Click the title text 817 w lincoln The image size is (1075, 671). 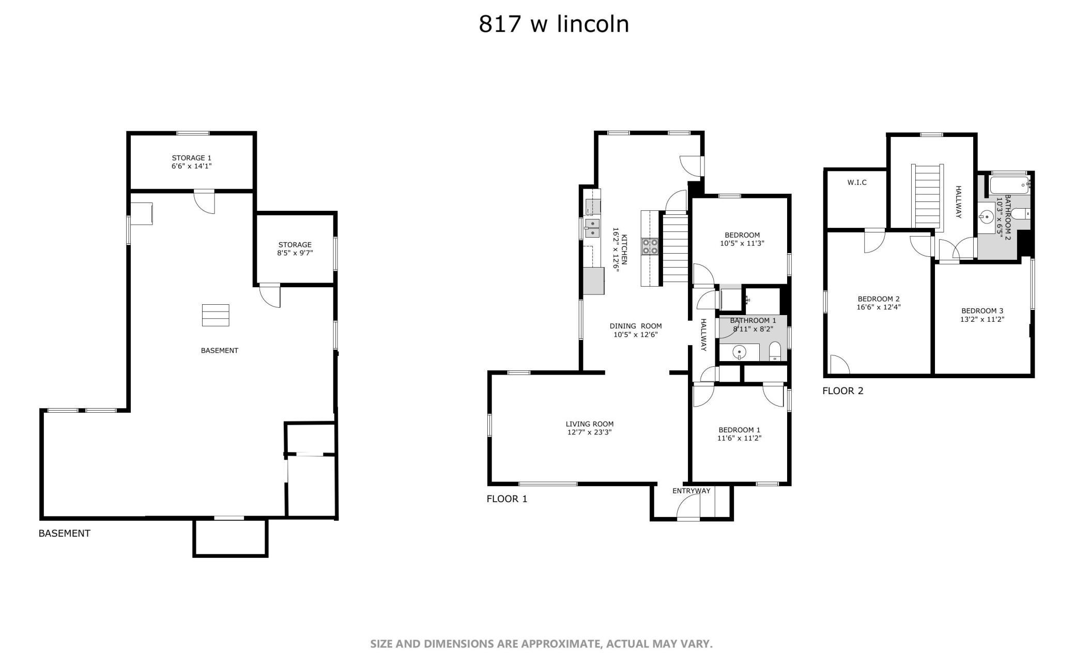[x=554, y=24]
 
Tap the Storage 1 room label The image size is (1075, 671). [x=192, y=158]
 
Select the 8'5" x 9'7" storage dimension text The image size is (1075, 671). [x=295, y=253]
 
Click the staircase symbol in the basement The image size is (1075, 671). [x=216, y=315]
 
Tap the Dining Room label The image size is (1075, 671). [x=636, y=326]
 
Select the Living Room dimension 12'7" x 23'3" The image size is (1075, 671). [x=590, y=432]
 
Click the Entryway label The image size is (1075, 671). [x=691, y=491]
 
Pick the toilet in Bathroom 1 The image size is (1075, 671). [x=775, y=351]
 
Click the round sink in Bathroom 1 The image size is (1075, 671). [x=740, y=352]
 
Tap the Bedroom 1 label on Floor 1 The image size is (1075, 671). [x=739, y=430]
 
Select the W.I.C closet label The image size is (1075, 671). [x=857, y=182]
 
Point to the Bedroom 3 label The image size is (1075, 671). [x=982, y=310]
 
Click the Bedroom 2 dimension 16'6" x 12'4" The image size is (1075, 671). [x=879, y=307]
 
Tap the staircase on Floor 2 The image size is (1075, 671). [x=927, y=196]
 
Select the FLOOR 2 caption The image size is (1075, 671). [x=843, y=391]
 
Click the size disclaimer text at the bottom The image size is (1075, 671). [x=541, y=644]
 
